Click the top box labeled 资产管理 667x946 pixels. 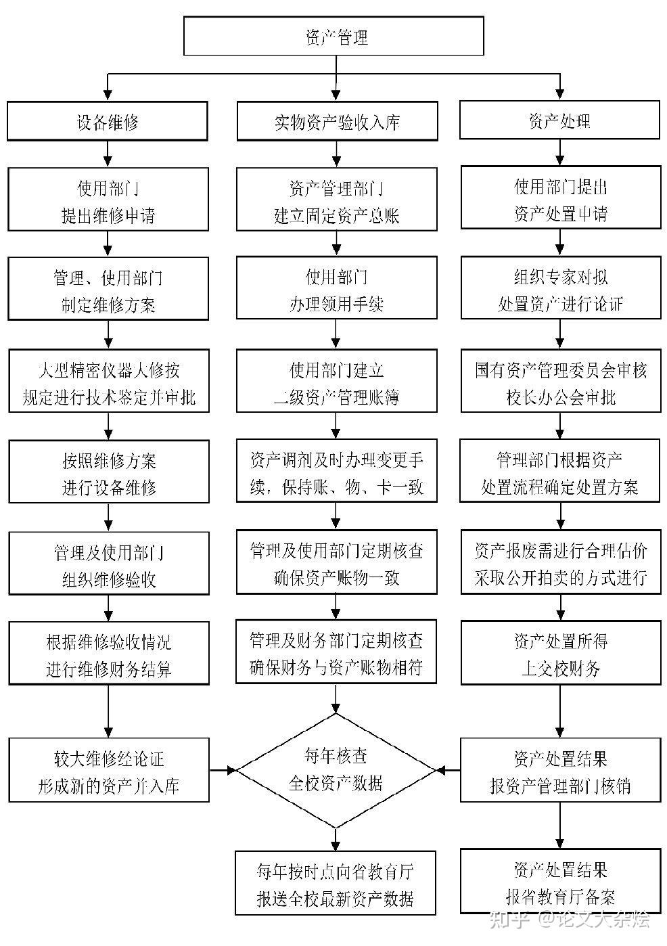point(333,36)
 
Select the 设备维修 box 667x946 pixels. point(108,120)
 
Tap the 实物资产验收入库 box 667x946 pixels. point(338,120)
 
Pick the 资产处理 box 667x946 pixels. point(559,120)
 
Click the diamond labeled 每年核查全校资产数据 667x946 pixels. point(336,771)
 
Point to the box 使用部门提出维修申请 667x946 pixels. point(108,200)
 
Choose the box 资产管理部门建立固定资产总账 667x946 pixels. point(336,200)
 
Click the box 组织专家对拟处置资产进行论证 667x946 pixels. point(561,287)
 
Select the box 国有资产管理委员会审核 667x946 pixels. point(561,380)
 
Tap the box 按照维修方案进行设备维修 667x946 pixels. point(109,472)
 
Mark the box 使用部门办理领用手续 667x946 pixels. point(336,288)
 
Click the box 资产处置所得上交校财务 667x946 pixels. point(561,652)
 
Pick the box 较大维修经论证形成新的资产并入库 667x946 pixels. point(109,770)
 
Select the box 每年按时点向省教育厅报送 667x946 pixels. point(336,883)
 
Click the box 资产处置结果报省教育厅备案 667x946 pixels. point(561,881)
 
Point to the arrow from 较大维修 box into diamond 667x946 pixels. point(223,770)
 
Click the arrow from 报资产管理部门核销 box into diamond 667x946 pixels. point(448,771)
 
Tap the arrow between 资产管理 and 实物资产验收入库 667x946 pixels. point(336,78)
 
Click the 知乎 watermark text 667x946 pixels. point(510,920)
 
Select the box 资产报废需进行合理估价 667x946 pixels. point(561,562)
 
